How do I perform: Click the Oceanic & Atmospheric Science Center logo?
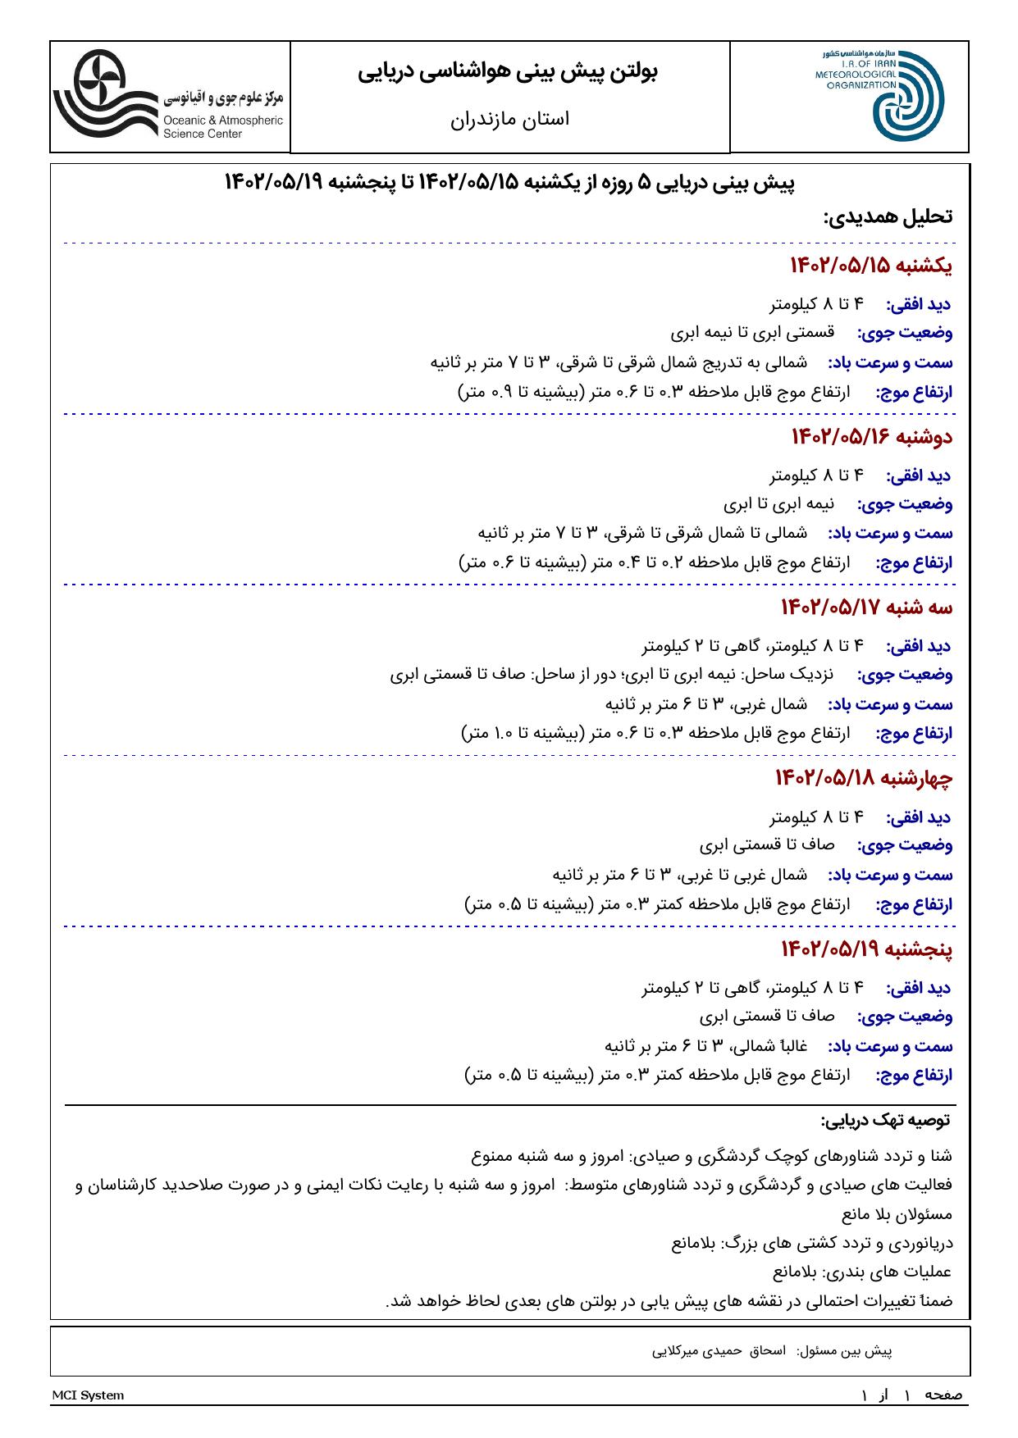(168, 97)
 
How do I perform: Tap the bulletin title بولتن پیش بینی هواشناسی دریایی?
(509, 72)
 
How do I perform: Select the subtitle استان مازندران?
(509, 119)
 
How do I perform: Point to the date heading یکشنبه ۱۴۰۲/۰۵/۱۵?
(870, 266)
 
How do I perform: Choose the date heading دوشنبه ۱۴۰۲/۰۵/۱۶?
(871, 437)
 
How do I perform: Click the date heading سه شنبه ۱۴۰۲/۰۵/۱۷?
(866, 608)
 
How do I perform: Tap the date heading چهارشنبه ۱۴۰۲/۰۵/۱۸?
(863, 778)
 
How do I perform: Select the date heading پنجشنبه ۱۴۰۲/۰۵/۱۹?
(866, 949)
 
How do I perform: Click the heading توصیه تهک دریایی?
(885, 1120)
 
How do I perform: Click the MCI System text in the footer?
(88, 1395)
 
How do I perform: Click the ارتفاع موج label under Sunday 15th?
(914, 393)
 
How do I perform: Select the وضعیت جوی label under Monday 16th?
(905, 504)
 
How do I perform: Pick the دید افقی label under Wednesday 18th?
(918, 817)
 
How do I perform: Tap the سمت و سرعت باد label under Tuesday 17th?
(890, 704)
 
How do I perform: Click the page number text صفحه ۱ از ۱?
(911, 1395)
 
